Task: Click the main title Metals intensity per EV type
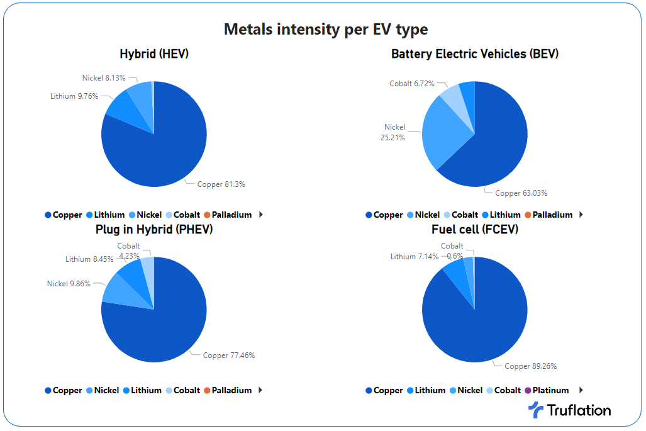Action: [x=326, y=29]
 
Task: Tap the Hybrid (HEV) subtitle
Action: [x=154, y=54]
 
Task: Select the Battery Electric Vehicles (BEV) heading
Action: [x=475, y=54]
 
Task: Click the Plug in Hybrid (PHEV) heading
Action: [x=154, y=230]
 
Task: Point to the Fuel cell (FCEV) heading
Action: [x=475, y=230]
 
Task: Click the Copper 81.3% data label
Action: [x=221, y=184]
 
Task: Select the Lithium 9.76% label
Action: [x=74, y=96]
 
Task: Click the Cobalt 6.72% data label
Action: [x=412, y=84]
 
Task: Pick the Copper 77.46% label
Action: [x=228, y=355]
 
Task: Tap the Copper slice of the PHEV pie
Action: [x=164, y=321]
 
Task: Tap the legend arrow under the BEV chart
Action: [x=581, y=215]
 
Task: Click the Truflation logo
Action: [x=569, y=410]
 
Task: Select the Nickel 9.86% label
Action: [x=69, y=284]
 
